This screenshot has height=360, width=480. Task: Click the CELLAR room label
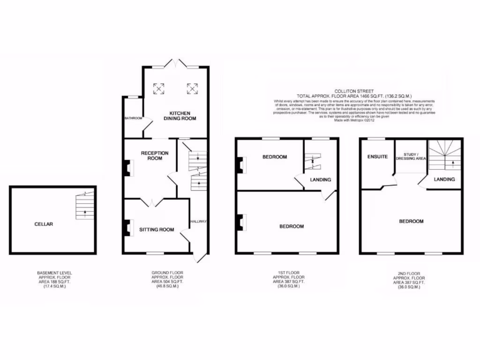44,224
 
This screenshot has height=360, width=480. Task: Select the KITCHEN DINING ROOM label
180,116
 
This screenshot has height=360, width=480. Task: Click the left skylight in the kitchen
159,88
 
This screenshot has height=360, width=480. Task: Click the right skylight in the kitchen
192,88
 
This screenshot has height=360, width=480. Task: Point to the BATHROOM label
133,118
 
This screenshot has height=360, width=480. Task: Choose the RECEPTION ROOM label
151,156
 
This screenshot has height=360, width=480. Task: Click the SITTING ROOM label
157,230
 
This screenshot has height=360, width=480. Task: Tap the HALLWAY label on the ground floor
199,221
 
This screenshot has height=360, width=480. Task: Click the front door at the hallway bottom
201,257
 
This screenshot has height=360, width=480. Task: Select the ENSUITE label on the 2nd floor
377,157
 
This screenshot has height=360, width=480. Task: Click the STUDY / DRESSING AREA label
411,156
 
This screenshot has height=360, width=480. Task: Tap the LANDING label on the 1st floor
321,180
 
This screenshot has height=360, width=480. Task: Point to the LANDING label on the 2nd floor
444,179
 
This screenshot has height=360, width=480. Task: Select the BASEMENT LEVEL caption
54,272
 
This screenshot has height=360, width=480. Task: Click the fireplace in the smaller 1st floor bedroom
241,165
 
